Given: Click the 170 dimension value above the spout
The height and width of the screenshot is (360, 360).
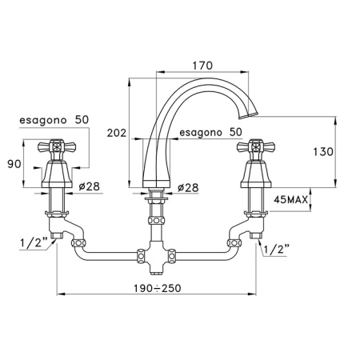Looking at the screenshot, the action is click(x=202, y=66).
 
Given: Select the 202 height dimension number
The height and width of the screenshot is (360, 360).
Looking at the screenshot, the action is click(x=117, y=133).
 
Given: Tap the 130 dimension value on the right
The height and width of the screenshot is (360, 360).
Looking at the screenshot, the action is click(x=323, y=152).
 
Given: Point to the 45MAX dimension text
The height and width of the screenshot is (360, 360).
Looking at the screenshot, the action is click(x=291, y=199).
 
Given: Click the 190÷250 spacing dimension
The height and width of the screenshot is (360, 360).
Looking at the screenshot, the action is click(x=158, y=288).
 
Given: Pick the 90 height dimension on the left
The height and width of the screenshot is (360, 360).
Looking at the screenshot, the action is click(x=14, y=164).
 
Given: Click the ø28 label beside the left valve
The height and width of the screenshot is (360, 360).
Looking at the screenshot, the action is click(x=90, y=186).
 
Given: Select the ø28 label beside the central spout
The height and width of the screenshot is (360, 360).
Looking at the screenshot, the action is click(x=188, y=188).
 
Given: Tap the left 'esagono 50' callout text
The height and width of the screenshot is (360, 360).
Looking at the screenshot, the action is click(x=54, y=120).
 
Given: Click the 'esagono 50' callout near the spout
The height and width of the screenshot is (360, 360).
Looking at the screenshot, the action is click(x=210, y=132).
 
